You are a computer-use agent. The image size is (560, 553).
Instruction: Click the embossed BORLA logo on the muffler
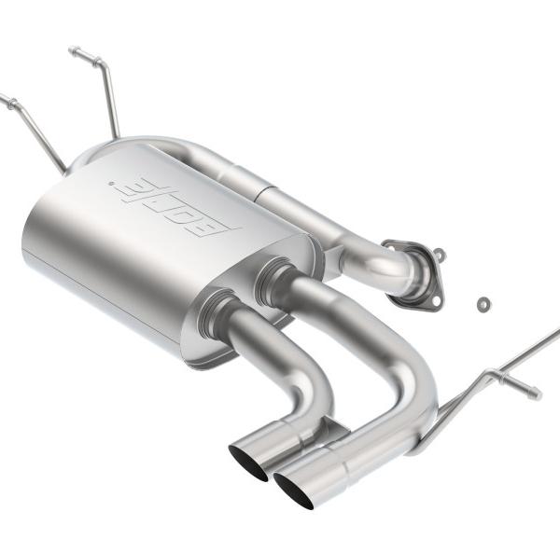pyautogui.click(x=175, y=208)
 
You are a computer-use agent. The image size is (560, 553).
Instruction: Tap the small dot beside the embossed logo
pyautogui.click(x=111, y=184)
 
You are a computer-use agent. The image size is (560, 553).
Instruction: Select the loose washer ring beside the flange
pyautogui.click(x=483, y=304)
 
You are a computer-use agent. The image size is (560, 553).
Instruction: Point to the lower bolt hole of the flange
pyautogui.click(x=436, y=301)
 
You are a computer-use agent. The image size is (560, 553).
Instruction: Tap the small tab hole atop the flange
pyautogui.click(x=440, y=253)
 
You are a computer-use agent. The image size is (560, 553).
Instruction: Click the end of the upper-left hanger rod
pyautogui.click(x=72, y=49)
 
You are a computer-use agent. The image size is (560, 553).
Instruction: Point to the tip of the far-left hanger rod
pyautogui.click(x=2, y=96)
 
